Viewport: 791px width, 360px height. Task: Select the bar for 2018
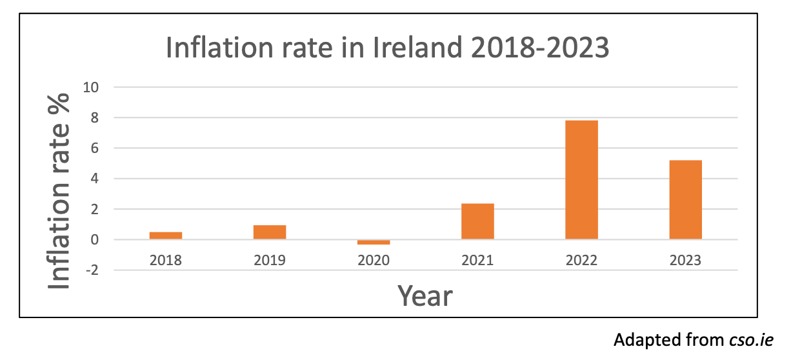click(x=166, y=235)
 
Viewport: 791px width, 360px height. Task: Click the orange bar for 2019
click(x=270, y=232)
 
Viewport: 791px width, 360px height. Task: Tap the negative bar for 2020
click(x=374, y=242)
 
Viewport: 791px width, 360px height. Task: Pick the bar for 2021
click(x=477, y=221)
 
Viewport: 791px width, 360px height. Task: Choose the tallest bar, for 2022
click(x=581, y=180)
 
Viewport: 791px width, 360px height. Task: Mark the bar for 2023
click(x=685, y=200)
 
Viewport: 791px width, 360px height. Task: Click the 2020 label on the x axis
click(x=374, y=261)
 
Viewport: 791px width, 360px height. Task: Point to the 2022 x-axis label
click(x=581, y=261)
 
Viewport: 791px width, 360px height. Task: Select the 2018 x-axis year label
click(x=166, y=261)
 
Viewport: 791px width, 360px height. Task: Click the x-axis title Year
click(x=425, y=296)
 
